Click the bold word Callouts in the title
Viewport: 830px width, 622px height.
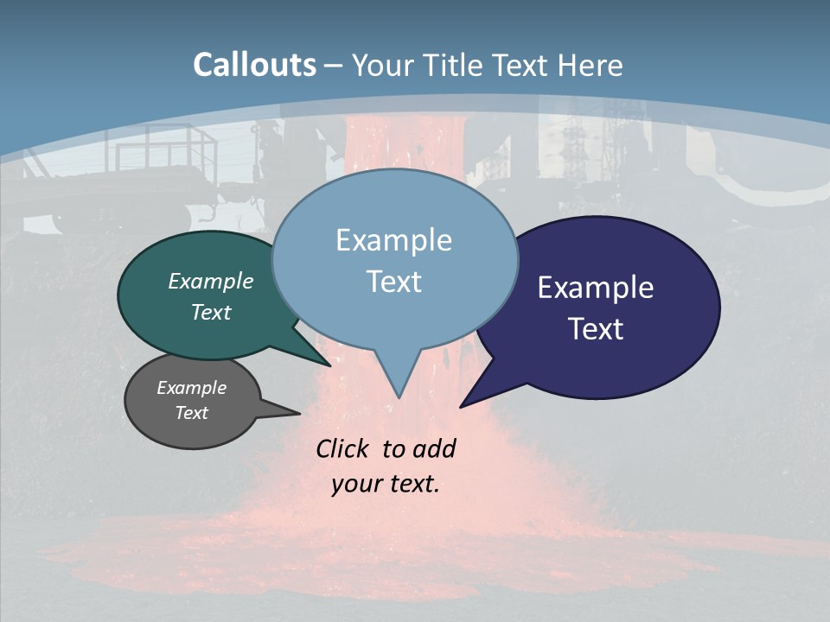pos(254,65)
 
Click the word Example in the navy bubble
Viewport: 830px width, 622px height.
pos(595,288)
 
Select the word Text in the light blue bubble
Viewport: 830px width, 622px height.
pos(394,282)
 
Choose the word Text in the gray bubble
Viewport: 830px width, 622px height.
pos(191,413)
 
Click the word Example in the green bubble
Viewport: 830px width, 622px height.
pos(210,282)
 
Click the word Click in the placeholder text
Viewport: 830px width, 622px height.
pos(344,448)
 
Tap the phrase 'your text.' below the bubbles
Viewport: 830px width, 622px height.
pos(386,484)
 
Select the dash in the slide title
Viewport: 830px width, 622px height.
pos(334,66)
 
